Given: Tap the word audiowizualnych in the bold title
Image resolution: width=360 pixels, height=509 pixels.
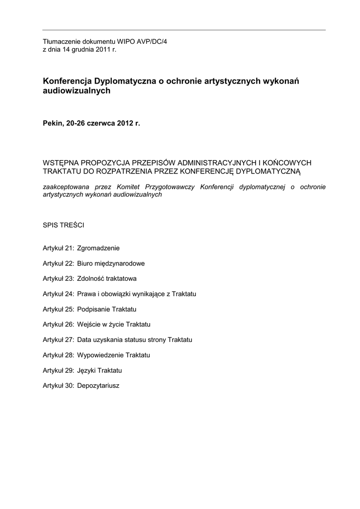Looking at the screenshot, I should tap(77, 91).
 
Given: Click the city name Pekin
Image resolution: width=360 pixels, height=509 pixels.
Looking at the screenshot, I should tap(52, 122).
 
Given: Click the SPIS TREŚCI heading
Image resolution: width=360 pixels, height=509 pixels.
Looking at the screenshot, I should tap(63, 225).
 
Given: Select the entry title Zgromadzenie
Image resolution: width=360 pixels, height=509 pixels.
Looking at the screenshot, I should tap(98, 248).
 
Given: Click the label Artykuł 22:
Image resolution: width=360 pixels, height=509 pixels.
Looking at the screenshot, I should tap(58, 263).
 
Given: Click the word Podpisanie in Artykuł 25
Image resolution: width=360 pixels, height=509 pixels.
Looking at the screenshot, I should tap(93, 309).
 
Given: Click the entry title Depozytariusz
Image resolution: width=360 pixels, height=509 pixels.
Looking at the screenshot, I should tap(98, 385).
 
